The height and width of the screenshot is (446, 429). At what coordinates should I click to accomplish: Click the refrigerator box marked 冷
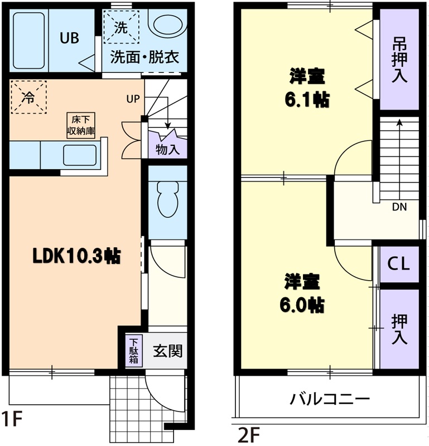(27, 97)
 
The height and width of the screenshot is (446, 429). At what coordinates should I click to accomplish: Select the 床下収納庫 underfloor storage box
(81, 125)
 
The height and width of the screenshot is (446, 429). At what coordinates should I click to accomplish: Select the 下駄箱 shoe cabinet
(133, 351)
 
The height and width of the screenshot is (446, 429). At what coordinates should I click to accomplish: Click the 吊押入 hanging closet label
(398, 60)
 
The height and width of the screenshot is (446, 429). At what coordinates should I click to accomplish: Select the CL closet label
(398, 263)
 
